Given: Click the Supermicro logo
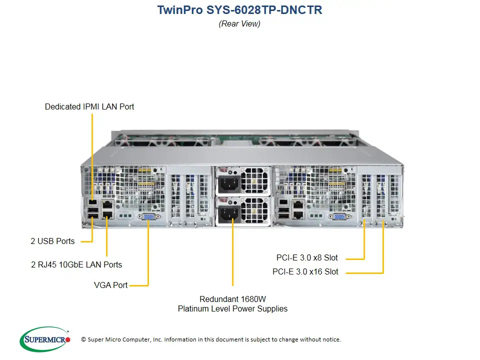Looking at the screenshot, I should tap(45, 340).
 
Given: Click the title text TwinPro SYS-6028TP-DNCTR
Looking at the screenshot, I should tap(239, 10).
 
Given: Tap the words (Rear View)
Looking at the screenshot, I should tap(239, 23).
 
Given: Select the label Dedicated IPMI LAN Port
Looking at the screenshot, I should tap(89, 106).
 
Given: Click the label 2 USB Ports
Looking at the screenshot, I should tap(52, 241).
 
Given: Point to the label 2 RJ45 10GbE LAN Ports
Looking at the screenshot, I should tap(76, 264).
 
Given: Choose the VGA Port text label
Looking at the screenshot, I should tap(110, 285).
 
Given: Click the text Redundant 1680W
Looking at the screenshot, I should tap(232, 299).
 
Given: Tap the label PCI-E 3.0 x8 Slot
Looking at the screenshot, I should tap(307, 258).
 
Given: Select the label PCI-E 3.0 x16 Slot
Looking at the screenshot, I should tap(305, 272).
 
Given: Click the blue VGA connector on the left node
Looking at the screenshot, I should tap(148, 216).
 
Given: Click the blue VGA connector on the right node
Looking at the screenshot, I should tap(338, 216).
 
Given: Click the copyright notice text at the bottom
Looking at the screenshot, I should tap(210, 339).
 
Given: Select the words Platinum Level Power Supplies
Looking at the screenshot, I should tap(232, 309).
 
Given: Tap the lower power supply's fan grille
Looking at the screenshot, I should tap(254, 210).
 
